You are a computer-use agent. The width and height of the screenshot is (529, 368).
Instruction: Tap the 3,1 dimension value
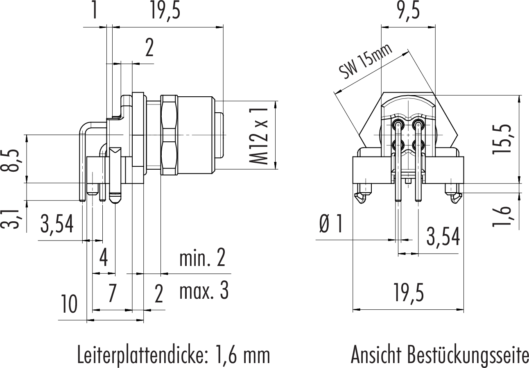tap(14, 218)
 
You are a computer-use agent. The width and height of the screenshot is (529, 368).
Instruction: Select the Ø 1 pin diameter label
tap(330, 225)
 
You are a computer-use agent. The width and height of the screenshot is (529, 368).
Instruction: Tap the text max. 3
tap(203, 291)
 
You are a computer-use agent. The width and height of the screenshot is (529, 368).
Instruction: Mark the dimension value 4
tap(104, 258)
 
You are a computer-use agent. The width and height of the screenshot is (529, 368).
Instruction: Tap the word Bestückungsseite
tap(468, 355)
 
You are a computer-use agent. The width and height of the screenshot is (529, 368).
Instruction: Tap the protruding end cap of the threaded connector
tap(220, 135)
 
